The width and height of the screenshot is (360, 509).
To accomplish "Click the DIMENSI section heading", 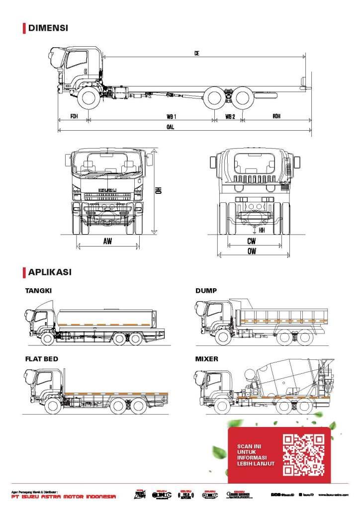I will pos(48,28).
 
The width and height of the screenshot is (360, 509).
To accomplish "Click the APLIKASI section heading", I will pos(49,272).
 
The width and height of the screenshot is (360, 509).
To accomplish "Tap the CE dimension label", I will pos(197,53).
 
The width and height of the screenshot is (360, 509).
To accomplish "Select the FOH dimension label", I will pos(74,116).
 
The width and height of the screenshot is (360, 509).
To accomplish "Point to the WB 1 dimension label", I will pos(172,116).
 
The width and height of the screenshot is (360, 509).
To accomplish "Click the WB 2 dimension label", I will pos(230,116).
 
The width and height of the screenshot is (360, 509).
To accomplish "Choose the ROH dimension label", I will pos(276,116).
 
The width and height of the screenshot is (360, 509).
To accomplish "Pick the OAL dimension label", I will pos(171,126).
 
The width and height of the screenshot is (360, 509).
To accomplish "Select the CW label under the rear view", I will pos(252,241).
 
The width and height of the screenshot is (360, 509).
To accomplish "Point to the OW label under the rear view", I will pos(252,252).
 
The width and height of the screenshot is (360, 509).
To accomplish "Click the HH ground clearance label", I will pos(262,230).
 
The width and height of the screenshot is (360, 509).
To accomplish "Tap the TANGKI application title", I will pos(38,290).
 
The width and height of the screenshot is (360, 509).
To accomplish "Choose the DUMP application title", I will pos(206,290).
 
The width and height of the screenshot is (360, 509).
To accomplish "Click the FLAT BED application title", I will pos(42,358).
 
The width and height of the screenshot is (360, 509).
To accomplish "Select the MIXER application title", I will pos(207,358).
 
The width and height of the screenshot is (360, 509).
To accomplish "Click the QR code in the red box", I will pos(303,455).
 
